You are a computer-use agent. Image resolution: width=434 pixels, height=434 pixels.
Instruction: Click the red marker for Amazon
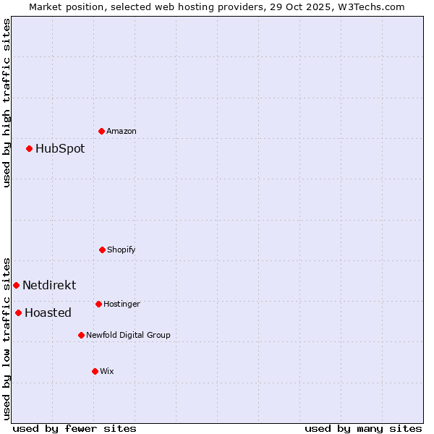(x=102, y=131)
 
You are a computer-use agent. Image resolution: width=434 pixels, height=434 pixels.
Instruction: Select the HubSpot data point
(x=30, y=148)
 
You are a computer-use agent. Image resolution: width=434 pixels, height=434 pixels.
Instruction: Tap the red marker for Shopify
(x=102, y=250)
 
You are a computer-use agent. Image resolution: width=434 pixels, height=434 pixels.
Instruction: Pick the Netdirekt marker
(x=16, y=285)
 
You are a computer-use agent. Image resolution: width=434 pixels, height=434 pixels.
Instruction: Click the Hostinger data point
(x=98, y=304)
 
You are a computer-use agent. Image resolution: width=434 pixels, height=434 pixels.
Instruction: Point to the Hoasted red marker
(x=18, y=312)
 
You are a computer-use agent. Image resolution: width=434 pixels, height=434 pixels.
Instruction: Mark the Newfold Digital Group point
(x=81, y=335)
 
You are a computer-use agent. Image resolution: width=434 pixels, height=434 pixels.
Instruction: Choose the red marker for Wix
(x=95, y=371)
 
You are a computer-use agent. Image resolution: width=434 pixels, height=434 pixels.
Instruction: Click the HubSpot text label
(x=60, y=148)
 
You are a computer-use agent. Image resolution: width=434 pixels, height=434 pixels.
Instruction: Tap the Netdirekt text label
(x=49, y=285)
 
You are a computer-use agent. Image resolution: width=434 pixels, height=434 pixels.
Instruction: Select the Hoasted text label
(x=48, y=312)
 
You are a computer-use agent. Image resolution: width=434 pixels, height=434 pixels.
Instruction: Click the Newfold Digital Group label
(x=128, y=335)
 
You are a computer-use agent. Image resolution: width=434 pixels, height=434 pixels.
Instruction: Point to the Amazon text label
(x=122, y=131)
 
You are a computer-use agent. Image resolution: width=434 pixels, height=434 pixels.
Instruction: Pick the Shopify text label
(x=122, y=250)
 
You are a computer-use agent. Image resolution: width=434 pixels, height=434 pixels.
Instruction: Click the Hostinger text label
(x=122, y=304)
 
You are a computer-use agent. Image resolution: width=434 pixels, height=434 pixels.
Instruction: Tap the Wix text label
(x=107, y=371)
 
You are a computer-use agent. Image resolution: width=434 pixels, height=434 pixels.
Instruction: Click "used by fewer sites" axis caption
(x=75, y=428)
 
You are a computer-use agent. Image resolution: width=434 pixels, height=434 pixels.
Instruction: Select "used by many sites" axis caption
(x=363, y=428)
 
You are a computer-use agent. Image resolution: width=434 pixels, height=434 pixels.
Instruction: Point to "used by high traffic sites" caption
(x=7, y=103)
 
